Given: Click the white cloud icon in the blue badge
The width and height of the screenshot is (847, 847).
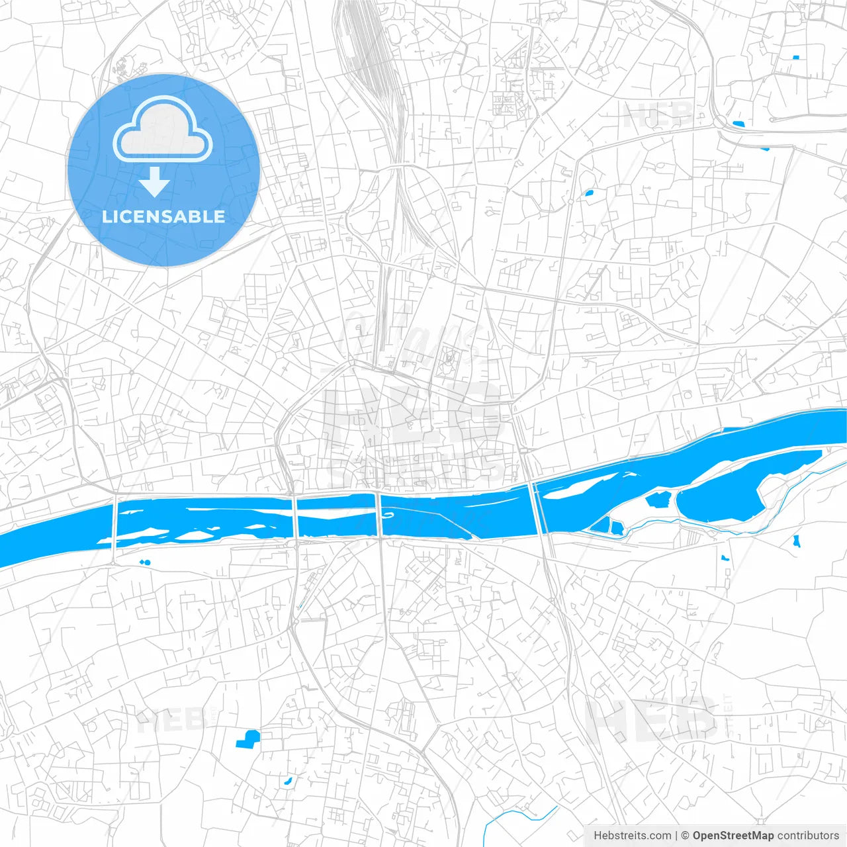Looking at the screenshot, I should pos(163,130).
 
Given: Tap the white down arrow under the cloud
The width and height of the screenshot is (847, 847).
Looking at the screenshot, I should pos(155,181).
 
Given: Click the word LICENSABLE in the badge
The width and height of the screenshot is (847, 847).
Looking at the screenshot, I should pos(163,216).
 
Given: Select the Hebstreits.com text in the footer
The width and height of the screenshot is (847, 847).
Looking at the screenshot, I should pos(632,836).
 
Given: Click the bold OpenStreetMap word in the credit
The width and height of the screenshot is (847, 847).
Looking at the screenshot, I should pos(733,836).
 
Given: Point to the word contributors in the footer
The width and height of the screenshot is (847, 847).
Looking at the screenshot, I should pos(808,836).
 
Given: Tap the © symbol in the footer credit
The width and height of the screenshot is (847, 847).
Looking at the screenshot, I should pos(685,836).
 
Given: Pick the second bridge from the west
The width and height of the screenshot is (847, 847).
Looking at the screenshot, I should pos(294,518).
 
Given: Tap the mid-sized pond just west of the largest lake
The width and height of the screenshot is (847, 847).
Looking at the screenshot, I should pos(658,499).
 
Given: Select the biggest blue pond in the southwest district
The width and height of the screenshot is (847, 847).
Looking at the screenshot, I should pos(248,738).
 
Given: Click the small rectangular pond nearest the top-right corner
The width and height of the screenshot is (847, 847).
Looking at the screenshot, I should pos(795,58).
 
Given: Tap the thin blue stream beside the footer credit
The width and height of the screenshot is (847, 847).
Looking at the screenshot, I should pos(516,818).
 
